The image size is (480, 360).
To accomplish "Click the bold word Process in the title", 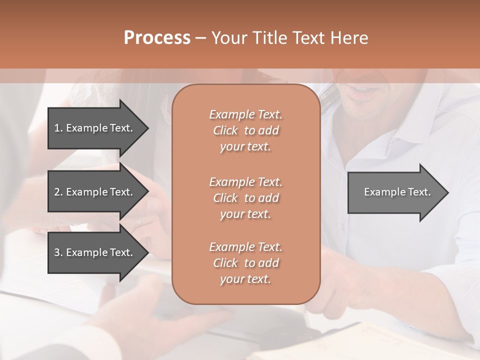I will pos(157,38).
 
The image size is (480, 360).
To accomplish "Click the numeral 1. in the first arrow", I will pos(58,128).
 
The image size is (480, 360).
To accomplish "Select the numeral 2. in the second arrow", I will pos(58,192).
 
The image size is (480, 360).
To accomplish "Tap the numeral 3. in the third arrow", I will pos(58,252).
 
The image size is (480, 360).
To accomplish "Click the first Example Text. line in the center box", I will pos(245,114).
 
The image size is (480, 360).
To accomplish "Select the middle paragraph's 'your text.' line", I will pos(245,214).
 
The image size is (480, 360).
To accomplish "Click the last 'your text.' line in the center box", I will pos(245,279).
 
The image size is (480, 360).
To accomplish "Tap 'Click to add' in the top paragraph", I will pos(245,130).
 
